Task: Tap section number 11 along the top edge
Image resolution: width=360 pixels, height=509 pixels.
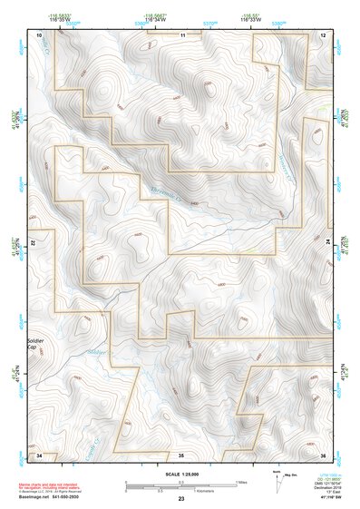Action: click(182, 34)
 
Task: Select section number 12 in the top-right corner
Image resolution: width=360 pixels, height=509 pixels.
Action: click(324, 34)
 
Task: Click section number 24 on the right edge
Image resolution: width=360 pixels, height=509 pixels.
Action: click(328, 244)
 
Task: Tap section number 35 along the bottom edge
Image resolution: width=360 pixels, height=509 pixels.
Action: click(181, 454)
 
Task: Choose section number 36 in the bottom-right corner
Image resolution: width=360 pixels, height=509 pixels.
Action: click(324, 454)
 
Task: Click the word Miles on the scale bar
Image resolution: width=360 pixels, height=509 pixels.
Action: click(240, 481)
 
